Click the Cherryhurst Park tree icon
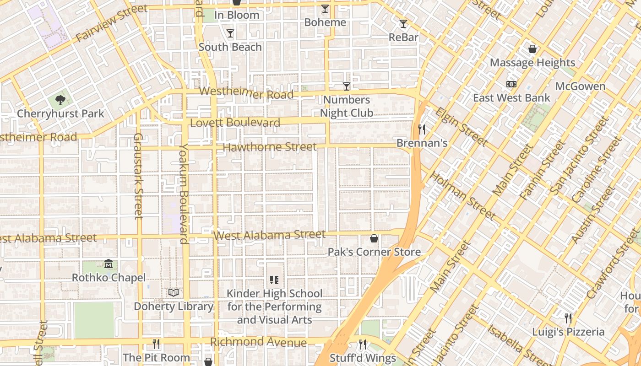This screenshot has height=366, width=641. (x=60, y=100)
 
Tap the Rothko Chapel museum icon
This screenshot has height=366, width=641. (x=109, y=264)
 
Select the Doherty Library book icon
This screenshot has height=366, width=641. (x=174, y=292)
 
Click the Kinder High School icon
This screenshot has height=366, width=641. (x=274, y=280)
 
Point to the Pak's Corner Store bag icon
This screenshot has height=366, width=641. (x=374, y=238)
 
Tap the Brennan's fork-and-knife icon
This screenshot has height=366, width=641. (x=422, y=129)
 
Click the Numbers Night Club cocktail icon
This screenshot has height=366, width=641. (x=347, y=86)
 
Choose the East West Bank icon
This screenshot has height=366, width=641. (x=511, y=84)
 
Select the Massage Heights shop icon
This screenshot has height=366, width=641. (x=532, y=49)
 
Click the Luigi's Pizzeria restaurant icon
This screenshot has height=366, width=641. (x=568, y=318)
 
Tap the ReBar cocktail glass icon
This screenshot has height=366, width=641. (x=403, y=24)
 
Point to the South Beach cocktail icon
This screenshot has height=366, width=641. (x=230, y=33)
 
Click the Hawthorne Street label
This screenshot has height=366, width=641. (x=270, y=147)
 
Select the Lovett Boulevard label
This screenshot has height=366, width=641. (x=235, y=123)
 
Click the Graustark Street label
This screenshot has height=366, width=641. (x=138, y=176)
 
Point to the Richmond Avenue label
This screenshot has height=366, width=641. (x=258, y=342)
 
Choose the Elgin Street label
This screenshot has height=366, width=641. (x=461, y=126)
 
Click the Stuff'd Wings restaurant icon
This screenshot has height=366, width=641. (x=363, y=344)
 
